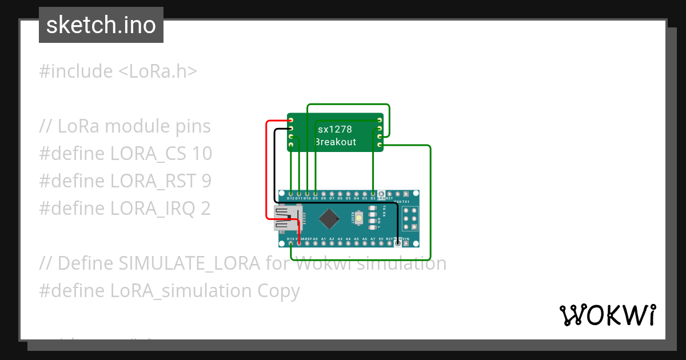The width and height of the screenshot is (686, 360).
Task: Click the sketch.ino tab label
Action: (101, 25)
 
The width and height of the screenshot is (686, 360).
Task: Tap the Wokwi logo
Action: (607, 315)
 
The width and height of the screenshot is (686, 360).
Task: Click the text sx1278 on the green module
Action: (335, 130)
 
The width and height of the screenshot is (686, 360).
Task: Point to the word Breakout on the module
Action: (336, 142)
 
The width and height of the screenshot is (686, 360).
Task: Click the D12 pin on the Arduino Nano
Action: (291, 194)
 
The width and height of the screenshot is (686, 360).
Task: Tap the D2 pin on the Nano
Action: (373, 194)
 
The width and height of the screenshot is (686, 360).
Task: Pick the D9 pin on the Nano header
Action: (316, 194)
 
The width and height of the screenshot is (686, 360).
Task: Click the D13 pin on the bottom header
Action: (291, 243)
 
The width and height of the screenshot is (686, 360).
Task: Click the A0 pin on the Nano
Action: (316, 243)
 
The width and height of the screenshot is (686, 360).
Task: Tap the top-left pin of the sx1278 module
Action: (291, 121)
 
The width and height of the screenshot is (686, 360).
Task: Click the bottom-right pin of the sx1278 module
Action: (380, 146)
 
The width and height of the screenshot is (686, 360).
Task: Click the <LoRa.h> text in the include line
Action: (158, 71)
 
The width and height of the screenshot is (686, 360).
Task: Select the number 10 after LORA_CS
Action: (202, 154)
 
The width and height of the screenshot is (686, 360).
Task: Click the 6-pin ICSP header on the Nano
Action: (409, 218)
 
